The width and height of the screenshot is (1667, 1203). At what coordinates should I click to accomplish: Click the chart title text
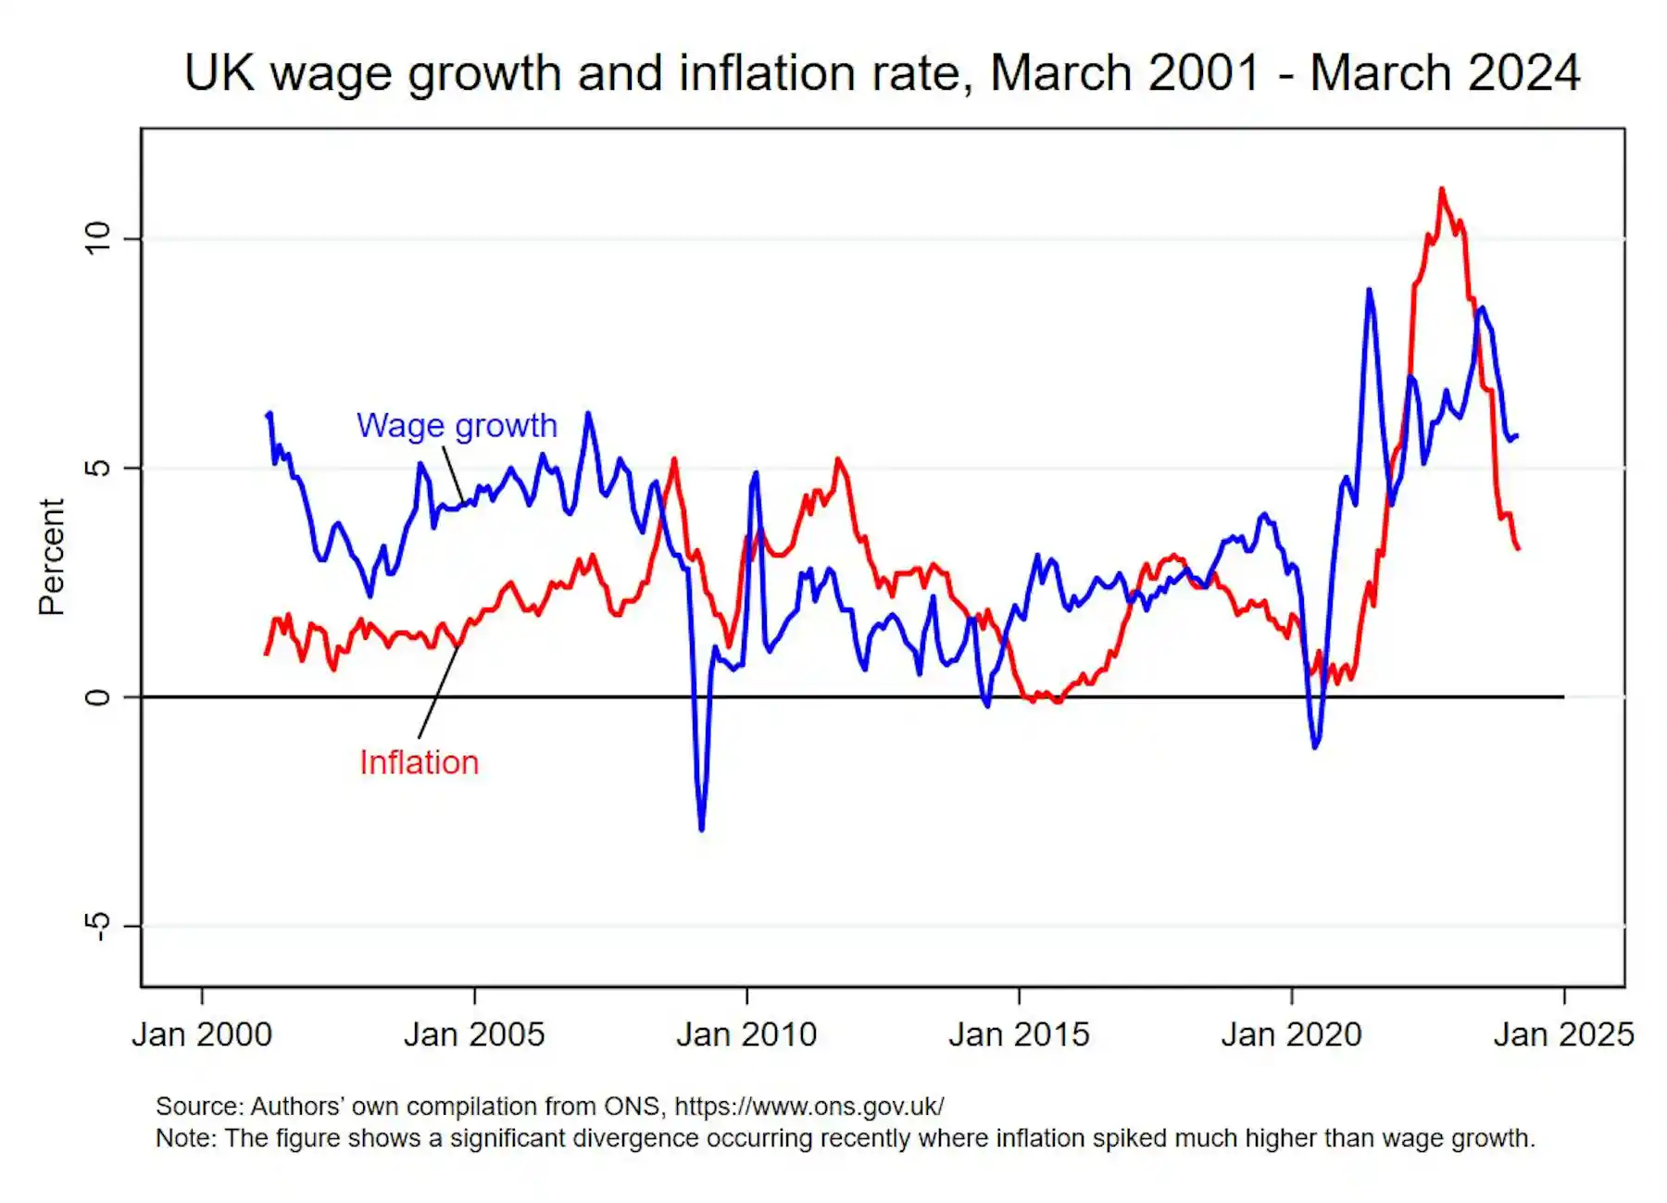882,73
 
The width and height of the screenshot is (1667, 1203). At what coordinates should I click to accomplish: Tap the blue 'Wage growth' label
457,426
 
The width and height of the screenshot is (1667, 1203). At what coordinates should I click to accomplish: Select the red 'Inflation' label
419,763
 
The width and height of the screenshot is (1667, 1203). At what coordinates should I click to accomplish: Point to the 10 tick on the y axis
97,239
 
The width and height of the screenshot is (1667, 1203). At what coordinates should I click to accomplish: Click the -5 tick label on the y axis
97,925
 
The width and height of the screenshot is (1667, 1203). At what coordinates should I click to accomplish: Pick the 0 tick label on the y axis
97,696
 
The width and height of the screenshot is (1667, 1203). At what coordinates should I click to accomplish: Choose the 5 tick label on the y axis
97,468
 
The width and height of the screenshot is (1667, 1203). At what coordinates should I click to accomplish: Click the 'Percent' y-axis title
52,557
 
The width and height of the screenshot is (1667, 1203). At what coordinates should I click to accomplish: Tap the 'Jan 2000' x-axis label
202,1034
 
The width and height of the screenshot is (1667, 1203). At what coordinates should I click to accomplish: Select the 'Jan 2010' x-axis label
746,1034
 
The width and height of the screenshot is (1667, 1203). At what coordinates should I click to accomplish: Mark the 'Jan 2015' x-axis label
1019,1034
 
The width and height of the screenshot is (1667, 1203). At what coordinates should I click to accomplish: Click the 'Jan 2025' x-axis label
1563,1034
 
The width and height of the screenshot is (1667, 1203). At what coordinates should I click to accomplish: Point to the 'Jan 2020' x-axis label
1291,1034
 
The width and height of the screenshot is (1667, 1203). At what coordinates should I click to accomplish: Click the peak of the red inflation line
1441,190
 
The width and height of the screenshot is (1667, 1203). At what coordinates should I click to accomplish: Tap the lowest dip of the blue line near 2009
701,828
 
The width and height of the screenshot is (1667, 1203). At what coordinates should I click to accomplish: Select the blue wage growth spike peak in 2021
1369,291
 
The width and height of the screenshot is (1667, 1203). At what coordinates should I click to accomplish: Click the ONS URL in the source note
808,1107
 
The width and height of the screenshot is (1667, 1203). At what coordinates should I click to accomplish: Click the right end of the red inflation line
1517,548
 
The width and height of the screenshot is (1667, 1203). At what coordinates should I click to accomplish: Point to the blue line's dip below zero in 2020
1315,746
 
